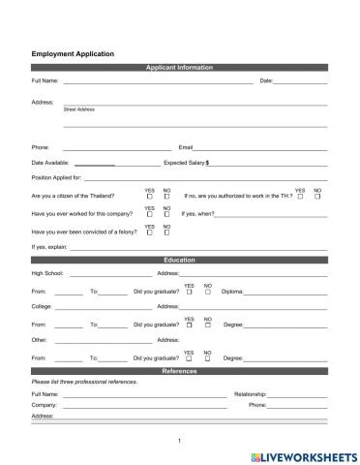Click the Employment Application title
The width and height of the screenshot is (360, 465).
73,54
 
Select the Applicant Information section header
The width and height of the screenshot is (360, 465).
179,67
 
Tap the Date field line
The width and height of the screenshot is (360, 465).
301,82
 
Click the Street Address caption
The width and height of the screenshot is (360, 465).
79,109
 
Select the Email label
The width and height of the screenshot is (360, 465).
187,146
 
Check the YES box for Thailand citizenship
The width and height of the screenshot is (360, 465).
150,197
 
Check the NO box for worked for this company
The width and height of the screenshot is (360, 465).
166,214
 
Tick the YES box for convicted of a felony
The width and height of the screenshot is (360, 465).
150,232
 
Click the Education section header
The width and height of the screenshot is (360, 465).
179,261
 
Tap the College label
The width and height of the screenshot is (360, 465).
42,307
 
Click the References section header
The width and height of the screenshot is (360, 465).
179,371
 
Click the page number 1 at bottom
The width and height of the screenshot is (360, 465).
180,441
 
